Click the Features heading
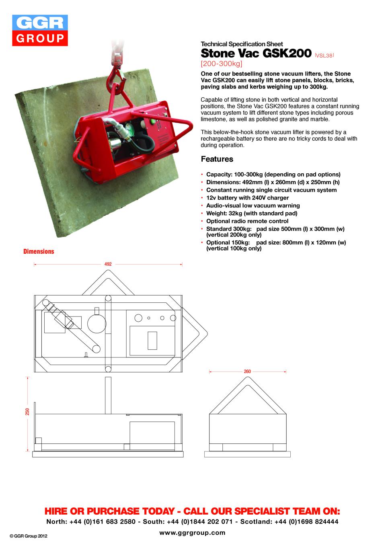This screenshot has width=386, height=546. (217, 159)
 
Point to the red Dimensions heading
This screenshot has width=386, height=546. (38, 251)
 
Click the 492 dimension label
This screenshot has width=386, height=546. (108, 265)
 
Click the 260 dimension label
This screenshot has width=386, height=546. (247, 372)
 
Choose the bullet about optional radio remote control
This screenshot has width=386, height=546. (247, 221)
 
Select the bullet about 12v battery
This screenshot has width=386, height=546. (247, 198)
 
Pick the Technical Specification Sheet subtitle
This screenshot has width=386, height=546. (242, 44)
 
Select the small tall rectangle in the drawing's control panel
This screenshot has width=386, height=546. (152, 341)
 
